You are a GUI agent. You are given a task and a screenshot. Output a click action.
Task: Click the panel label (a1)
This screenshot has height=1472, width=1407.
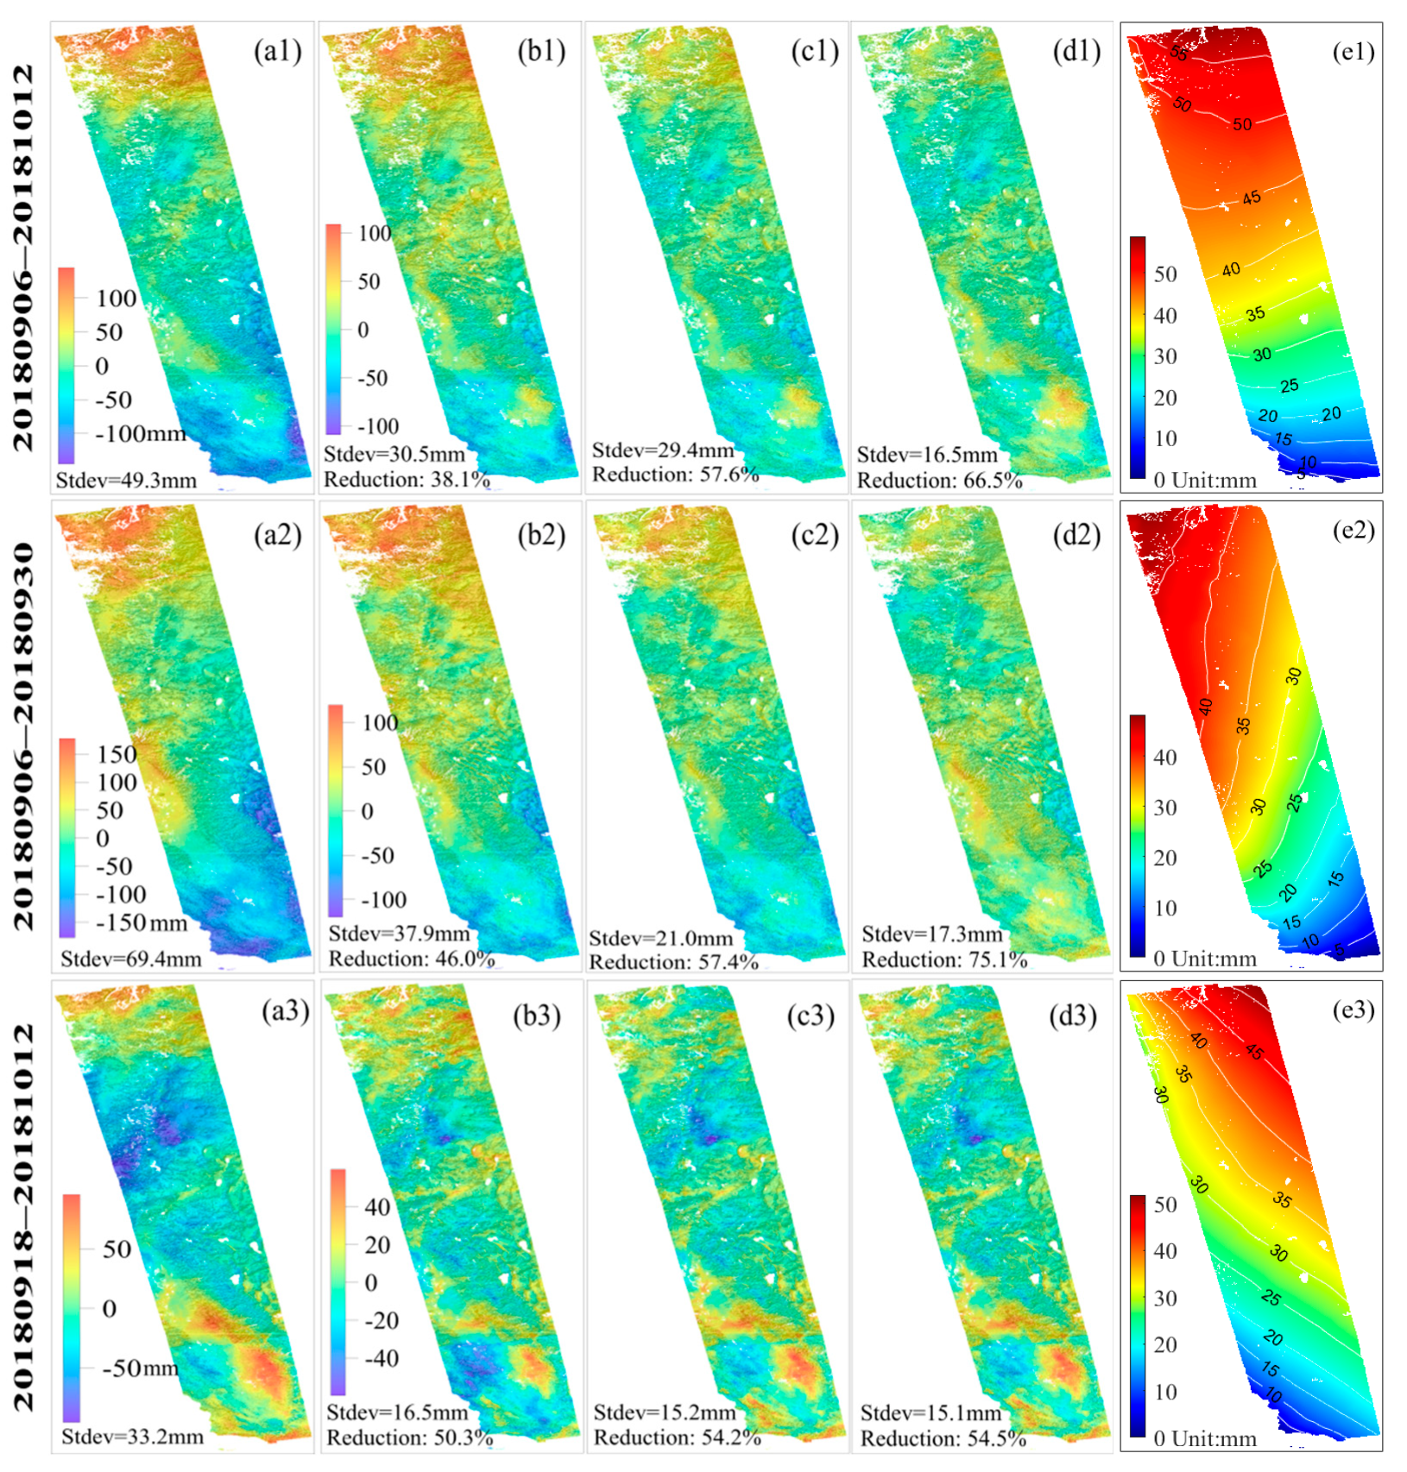(x=277, y=52)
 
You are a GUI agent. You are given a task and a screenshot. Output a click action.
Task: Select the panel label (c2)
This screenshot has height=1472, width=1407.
(x=815, y=535)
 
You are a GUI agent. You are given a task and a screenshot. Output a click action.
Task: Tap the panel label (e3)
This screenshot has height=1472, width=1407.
(x=1353, y=1010)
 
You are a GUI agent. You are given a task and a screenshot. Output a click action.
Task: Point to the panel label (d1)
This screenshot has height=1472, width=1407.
(x=1076, y=52)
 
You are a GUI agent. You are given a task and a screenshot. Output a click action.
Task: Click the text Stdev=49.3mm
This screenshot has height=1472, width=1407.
(x=126, y=481)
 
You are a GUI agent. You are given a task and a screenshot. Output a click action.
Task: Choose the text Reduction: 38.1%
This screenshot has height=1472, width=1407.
(x=407, y=480)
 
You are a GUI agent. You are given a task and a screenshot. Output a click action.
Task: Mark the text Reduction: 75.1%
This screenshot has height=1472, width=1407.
(x=944, y=959)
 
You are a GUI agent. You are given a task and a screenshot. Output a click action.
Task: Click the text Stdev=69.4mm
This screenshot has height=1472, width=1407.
(x=130, y=959)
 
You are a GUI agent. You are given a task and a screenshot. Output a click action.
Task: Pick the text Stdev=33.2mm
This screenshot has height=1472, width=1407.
(x=132, y=1437)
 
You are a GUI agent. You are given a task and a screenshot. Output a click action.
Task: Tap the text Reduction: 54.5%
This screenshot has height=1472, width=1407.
(x=943, y=1438)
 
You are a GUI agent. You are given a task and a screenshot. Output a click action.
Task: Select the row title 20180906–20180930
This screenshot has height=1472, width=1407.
(x=24, y=736)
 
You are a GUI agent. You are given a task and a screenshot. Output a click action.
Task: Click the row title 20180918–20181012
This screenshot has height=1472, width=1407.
(x=24, y=1217)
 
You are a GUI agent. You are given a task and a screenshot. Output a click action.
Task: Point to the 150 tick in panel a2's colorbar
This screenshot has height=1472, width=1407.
(x=117, y=755)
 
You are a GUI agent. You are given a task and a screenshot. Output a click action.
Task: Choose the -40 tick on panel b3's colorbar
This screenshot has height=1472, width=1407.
(x=381, y=1359)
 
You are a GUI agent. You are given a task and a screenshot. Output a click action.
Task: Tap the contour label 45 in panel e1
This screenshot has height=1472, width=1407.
(x=1252, y=198)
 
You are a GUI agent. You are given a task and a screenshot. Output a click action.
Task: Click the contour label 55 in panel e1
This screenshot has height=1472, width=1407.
(x=1178, y=53)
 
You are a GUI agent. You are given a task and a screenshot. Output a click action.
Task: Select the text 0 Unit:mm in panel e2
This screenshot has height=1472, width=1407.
(x=1204, y=959)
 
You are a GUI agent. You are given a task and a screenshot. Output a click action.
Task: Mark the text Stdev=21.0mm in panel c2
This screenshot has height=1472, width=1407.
(x=660, y=939)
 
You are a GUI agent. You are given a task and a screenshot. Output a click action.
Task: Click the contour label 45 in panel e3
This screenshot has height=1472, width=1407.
(x=1254, y=1052)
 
